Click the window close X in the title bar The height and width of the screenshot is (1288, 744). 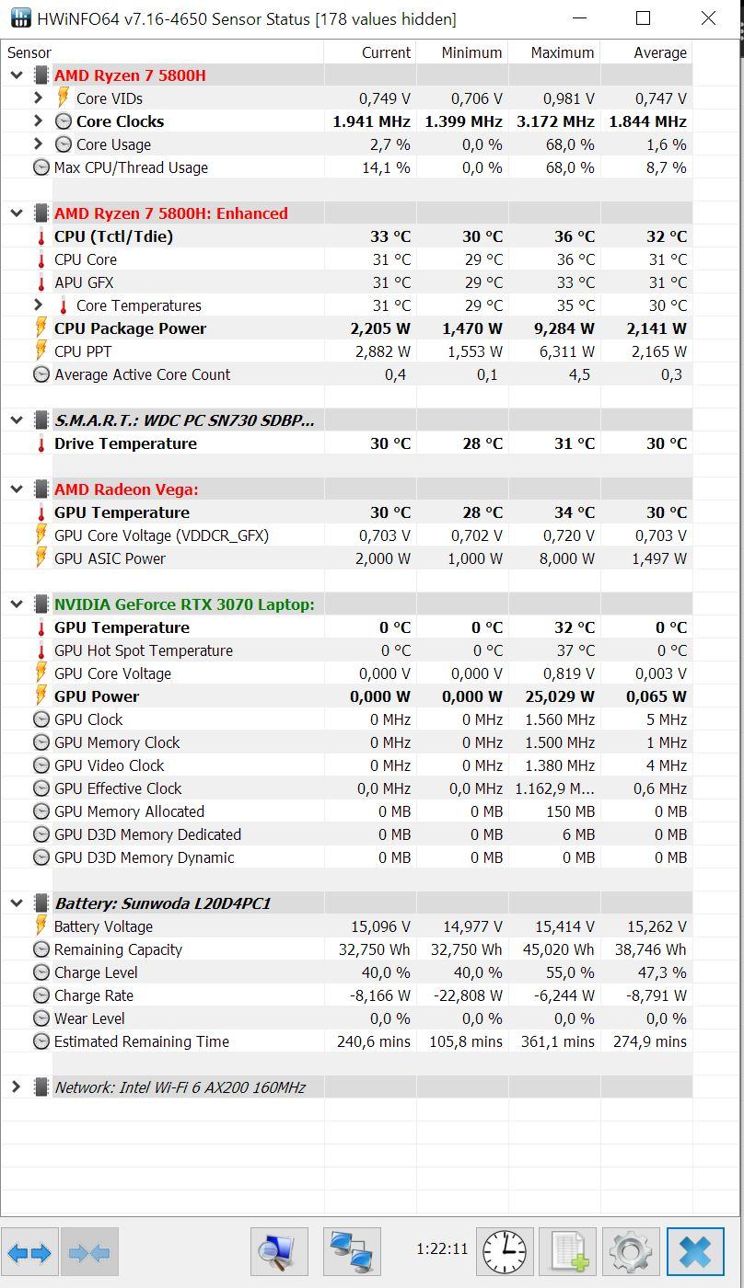(x=708, y=18)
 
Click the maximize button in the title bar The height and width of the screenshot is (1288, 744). (x=643, y=18)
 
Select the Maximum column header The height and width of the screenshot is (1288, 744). (x=563, y=53)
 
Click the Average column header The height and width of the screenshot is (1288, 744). (x=660, y=53)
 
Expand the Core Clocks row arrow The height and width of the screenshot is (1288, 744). (x=38, y=121)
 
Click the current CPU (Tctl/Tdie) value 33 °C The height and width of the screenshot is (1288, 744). (x=390, y=236)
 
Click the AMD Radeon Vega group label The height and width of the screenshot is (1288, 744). (x=126, y=489)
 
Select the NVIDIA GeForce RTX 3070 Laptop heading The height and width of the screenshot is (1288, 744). (x=184, y=604)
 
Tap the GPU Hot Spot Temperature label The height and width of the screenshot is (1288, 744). (x=144, y=650)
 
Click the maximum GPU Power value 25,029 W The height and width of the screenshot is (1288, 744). (x=559, y=696)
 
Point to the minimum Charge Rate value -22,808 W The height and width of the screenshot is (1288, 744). (x=468, y=995)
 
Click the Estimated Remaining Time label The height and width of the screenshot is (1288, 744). (x=142, y=1041)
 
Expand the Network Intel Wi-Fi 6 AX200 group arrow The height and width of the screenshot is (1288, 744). (x=16, y=1087)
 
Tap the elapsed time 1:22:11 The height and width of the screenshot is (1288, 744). (x=442, y=1249)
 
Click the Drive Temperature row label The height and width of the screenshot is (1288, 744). (x=125, y=443)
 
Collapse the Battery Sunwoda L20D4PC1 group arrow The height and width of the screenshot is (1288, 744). (x=17, y=903)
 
